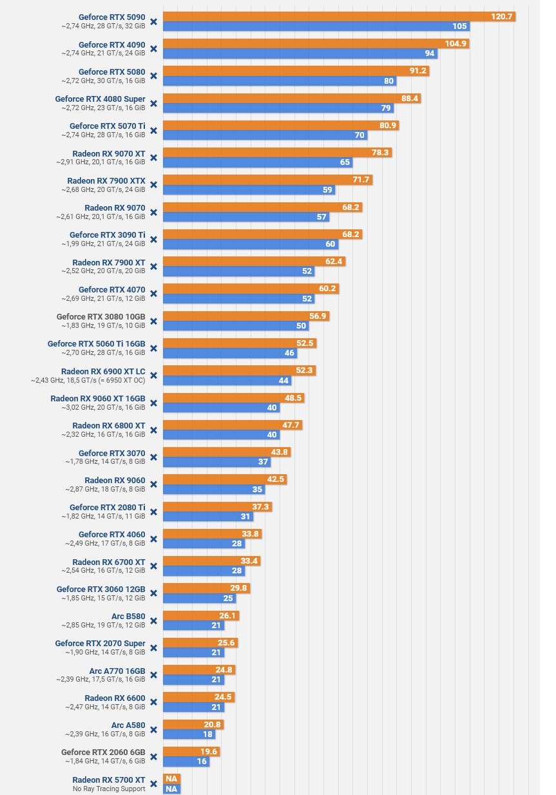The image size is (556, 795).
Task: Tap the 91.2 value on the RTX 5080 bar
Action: (x=417, y=71)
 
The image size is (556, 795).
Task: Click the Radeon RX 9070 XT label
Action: (x=109, y=154)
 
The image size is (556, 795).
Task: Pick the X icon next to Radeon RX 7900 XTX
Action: (x=153, y=185)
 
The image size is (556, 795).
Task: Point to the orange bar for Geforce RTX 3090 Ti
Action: (x=258, y=235)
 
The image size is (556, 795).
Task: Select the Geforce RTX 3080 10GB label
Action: (x=101, y=317)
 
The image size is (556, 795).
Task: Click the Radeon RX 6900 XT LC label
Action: (x=103, y=372)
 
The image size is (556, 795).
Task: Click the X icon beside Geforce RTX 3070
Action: (x=153, y=457)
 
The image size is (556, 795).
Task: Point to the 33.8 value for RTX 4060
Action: (x=249, y=534)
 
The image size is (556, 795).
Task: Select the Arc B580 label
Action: (x=128, y=617)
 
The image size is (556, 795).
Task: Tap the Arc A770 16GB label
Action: (x=117, y=671)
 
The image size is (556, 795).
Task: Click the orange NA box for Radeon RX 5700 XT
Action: (x=171, y=779)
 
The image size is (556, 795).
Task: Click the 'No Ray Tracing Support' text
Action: (x=109, y=789)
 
